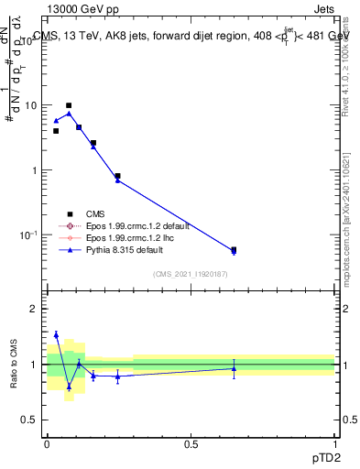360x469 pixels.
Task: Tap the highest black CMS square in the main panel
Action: [x=69, y=105]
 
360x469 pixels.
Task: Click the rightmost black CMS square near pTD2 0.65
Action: [x=234, y=249]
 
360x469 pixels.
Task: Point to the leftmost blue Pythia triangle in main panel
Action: [x=56, y=121]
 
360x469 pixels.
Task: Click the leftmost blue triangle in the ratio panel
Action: [x=56, y=334]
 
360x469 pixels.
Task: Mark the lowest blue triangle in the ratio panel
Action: [x=69, y=387]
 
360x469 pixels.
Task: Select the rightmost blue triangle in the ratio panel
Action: [x=234, y=368]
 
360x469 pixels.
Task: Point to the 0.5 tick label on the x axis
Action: [x=191, y=442]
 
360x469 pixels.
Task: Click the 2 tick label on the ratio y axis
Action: [x=34, y=309]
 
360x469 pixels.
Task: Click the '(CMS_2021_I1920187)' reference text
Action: [x=191, y=273]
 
